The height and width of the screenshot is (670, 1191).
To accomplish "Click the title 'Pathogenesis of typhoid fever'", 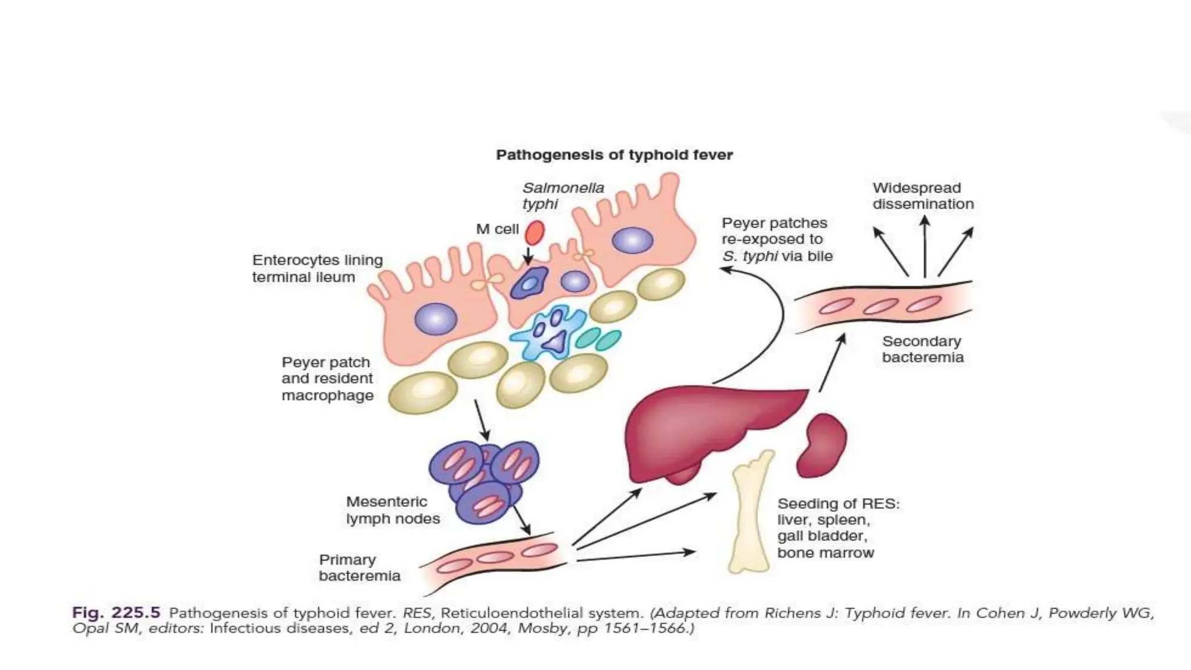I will click(x=614, y=155).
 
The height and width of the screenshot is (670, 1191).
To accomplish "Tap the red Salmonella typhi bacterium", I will click(x=534, y=233).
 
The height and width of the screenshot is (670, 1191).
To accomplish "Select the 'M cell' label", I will click(x=497, y=229).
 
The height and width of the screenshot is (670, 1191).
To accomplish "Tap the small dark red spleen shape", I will click(x=822, y=445).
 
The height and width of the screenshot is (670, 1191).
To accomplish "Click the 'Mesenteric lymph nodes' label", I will click(x=393, y=510).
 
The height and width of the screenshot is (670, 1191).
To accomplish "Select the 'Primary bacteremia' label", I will click(x=359, y=568).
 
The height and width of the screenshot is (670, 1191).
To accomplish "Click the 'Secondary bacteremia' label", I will click(x=922, y=349).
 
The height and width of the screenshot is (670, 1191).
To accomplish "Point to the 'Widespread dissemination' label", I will click(x=922, y=196).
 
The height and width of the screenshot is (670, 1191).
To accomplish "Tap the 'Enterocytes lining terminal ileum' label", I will click(x=318, y=268).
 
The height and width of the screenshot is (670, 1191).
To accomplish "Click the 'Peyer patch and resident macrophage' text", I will click(x=327, y=379).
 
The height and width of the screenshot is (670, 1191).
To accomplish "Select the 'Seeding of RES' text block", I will click(x=837, y=528).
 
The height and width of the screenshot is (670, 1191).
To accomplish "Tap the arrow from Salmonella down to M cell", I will click(x=528, y=256).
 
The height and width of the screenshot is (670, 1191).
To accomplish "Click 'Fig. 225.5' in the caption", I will click(x=116, y=612).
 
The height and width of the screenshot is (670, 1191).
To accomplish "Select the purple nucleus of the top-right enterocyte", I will click(x=632, y=240).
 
